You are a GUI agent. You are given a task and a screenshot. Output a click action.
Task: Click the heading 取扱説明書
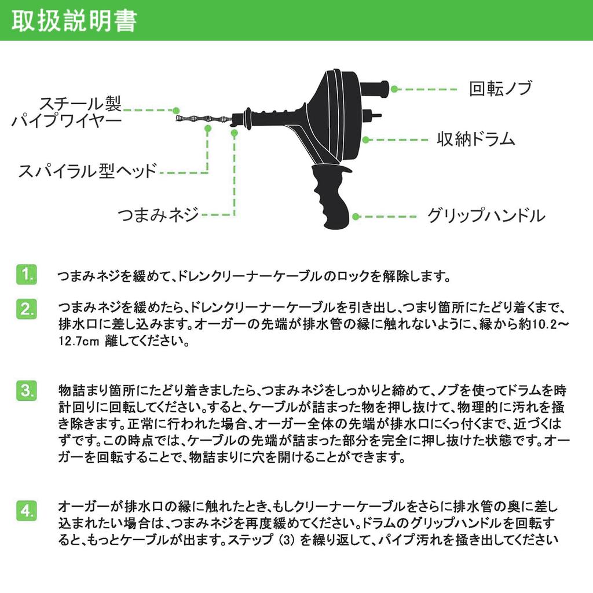tap(74, 20)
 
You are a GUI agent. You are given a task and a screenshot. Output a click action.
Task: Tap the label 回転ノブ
tap(500, 89)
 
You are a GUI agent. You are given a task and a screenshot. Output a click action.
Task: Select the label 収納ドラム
tap(475, 140)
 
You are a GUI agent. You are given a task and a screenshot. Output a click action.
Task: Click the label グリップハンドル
tap(485, 217)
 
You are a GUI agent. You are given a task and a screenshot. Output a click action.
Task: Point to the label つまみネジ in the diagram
tap(158, 215)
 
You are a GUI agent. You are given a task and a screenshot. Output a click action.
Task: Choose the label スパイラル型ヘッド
tap(87, 172)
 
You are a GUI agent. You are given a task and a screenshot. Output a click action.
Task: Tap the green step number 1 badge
tap(26, 274)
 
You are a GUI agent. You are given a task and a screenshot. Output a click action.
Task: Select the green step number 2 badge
tap(26, 308)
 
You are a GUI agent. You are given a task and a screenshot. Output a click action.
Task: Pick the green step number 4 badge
tap(26, 511)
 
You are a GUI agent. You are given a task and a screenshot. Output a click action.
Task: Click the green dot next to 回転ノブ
tap(394, 89)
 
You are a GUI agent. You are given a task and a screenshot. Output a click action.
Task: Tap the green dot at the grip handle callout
tap(356, 217)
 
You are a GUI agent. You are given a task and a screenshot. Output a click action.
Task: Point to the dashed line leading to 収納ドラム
tap(400, 140)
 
